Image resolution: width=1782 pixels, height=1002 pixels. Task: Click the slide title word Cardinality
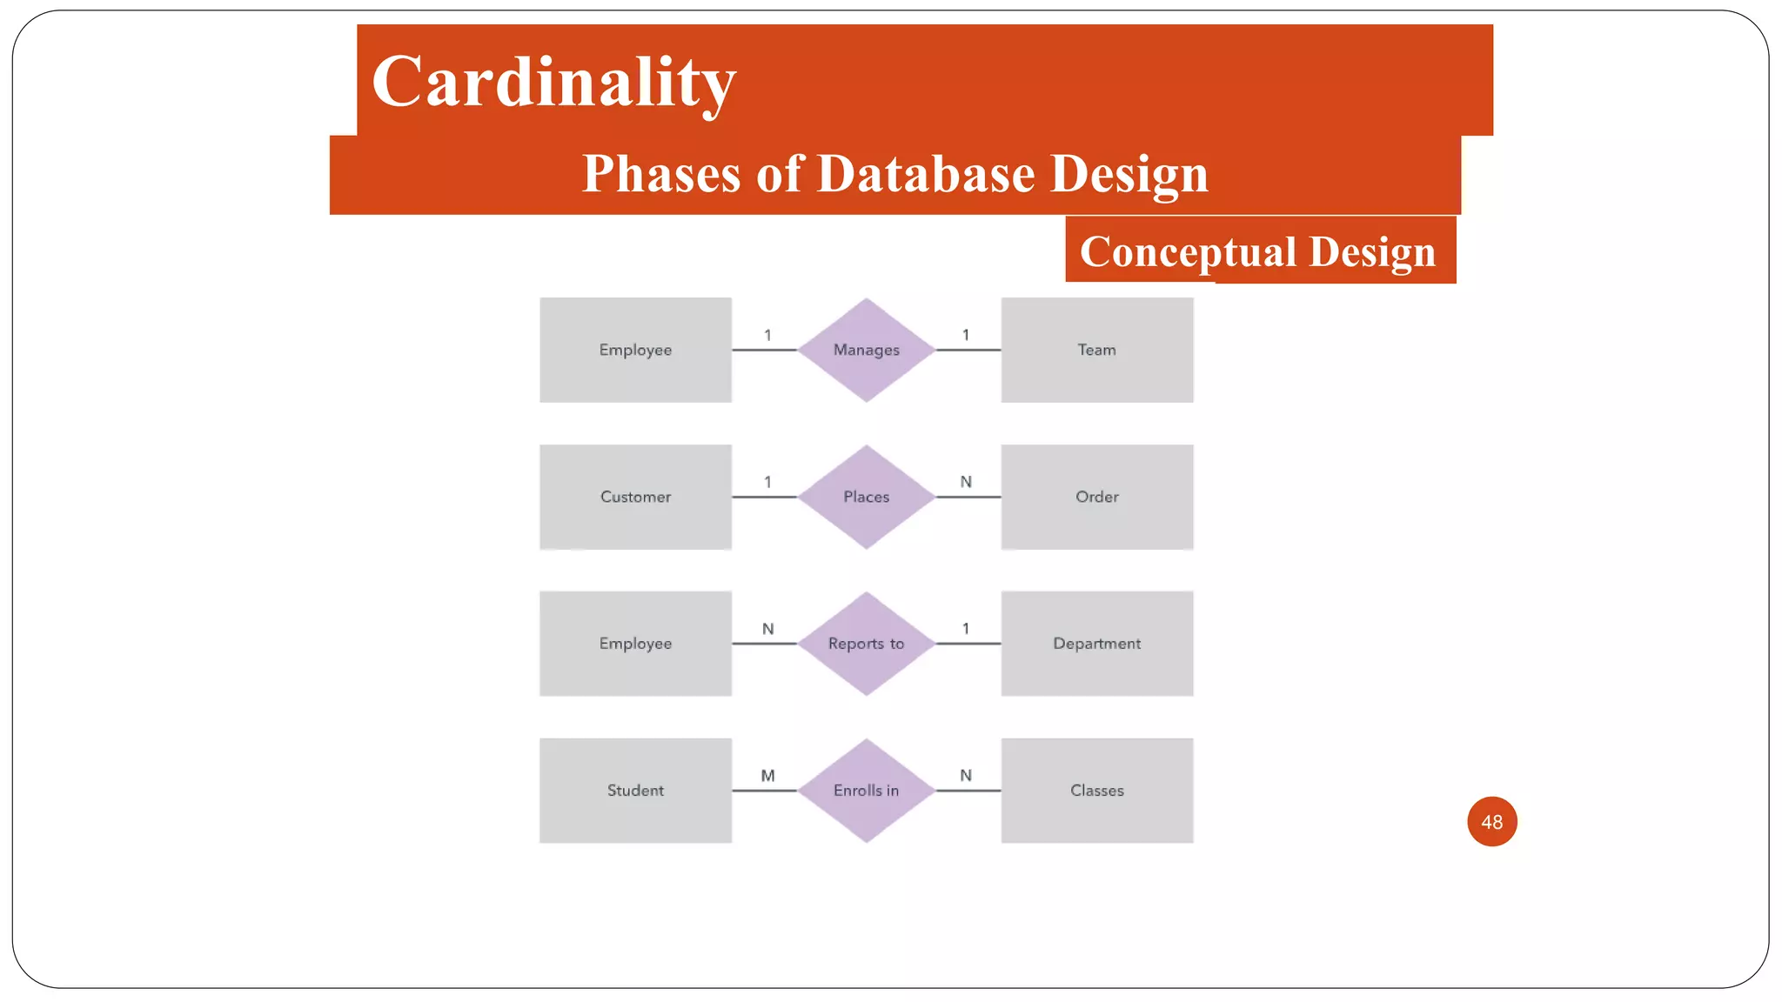553,82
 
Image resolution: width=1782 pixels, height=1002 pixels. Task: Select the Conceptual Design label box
1259,250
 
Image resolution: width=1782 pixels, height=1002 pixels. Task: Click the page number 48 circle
1491,821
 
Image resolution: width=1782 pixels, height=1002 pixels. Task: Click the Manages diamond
866,350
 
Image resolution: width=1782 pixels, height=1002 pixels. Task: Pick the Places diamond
866,497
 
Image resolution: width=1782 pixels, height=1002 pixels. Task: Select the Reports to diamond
866,644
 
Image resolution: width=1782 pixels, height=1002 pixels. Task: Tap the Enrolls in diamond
866,791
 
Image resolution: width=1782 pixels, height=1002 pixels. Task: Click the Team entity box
1096,350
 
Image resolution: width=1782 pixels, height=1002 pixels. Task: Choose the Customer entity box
635,497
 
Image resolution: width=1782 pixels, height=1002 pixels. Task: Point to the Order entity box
1096,497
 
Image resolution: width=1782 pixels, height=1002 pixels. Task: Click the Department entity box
1096,644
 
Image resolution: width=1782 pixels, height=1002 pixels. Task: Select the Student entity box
635,791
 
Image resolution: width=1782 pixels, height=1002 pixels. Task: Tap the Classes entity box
1096,791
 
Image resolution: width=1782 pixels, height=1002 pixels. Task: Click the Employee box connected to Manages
635,350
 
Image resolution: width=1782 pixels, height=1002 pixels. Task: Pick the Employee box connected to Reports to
635,644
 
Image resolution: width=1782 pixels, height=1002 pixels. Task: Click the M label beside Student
767,775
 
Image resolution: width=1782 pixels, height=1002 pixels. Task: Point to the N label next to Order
966,481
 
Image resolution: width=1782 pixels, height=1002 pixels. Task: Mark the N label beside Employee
767,628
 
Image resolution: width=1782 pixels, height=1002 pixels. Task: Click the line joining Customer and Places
764,497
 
